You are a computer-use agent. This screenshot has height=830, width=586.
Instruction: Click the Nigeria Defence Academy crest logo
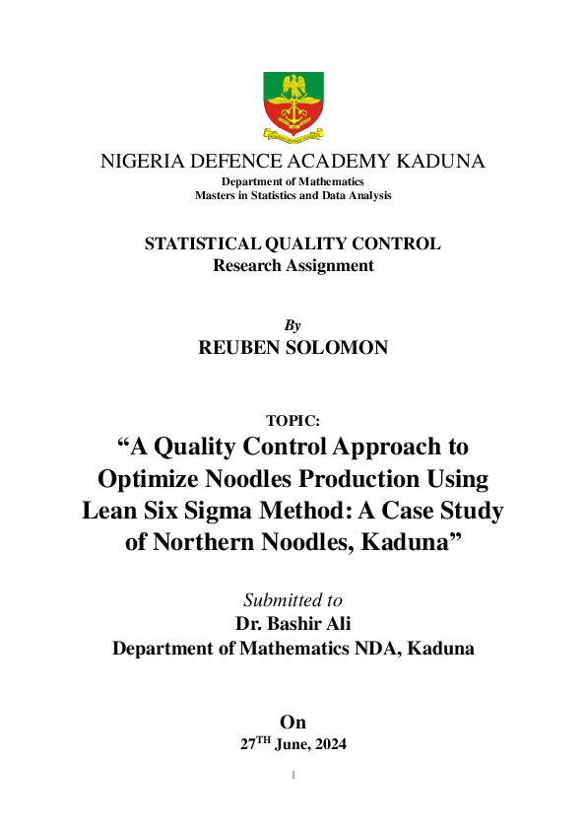[293, 105]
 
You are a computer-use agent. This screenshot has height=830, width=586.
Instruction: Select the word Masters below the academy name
[216, 195]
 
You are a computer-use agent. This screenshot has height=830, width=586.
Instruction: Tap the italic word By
[293, 325]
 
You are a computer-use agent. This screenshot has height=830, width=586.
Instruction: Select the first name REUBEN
[240, 347]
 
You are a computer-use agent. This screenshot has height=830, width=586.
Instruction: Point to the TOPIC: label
[293, 420]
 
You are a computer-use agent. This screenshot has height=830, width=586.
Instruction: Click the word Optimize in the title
[147, 479]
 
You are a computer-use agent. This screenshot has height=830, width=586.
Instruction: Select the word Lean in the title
[112, 512]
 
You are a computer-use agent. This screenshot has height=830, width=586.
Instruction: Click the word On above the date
[293, 723]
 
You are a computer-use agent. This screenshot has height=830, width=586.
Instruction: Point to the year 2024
[327, 745]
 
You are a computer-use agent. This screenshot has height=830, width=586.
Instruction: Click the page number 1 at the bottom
[293, 776]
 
